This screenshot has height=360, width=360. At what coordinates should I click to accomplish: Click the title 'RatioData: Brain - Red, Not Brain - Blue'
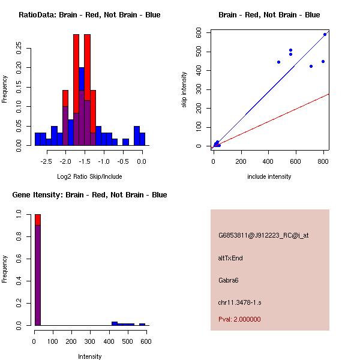89,15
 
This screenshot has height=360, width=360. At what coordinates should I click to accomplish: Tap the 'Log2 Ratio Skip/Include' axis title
89,176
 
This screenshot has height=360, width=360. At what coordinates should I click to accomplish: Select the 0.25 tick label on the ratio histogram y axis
19,48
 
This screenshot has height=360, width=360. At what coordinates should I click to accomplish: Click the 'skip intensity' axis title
185,90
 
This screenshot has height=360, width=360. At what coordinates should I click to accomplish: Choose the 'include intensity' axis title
269,176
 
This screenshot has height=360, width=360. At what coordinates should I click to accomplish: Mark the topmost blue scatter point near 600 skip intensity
325,34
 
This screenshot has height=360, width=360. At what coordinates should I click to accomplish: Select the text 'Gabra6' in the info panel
229,280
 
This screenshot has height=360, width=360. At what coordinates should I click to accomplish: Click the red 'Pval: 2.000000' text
239,319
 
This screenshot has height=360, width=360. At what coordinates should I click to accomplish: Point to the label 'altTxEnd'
230,258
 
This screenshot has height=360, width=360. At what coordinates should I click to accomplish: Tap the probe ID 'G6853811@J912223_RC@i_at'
263,236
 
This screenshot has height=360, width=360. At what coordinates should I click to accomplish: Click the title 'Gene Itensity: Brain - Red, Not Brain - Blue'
89,195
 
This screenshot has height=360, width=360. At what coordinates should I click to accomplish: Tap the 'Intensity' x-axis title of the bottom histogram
89,356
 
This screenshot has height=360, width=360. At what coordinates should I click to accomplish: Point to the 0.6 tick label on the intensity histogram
19,258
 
